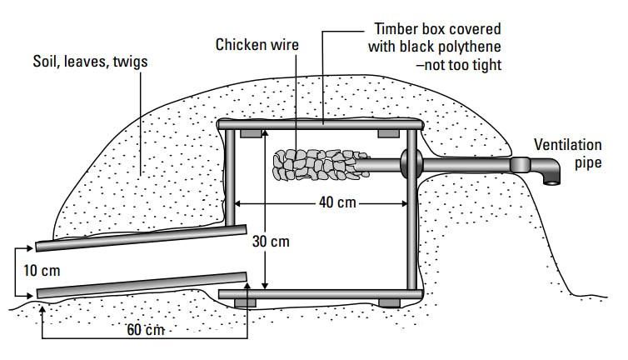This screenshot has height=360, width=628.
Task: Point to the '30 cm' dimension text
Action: coord(271,242)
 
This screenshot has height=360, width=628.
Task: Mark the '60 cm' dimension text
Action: coord(145,330)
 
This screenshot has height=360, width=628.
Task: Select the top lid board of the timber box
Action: coord(321,124)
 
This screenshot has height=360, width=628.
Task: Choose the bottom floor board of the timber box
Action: coord(320,293)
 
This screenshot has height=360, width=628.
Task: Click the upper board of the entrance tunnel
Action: coord(142,237)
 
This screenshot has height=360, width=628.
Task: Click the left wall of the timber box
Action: coord(228,179)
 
